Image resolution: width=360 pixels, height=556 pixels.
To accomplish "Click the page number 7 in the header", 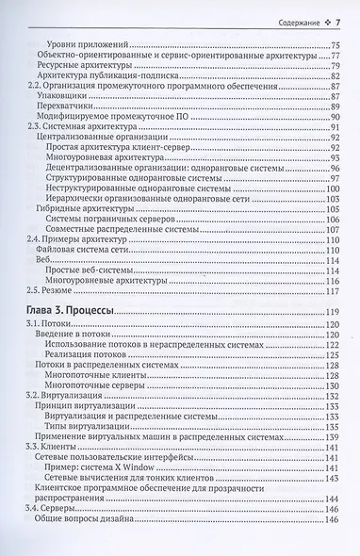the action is [337, 21].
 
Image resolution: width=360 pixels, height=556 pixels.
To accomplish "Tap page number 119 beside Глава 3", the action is [331, 312].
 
